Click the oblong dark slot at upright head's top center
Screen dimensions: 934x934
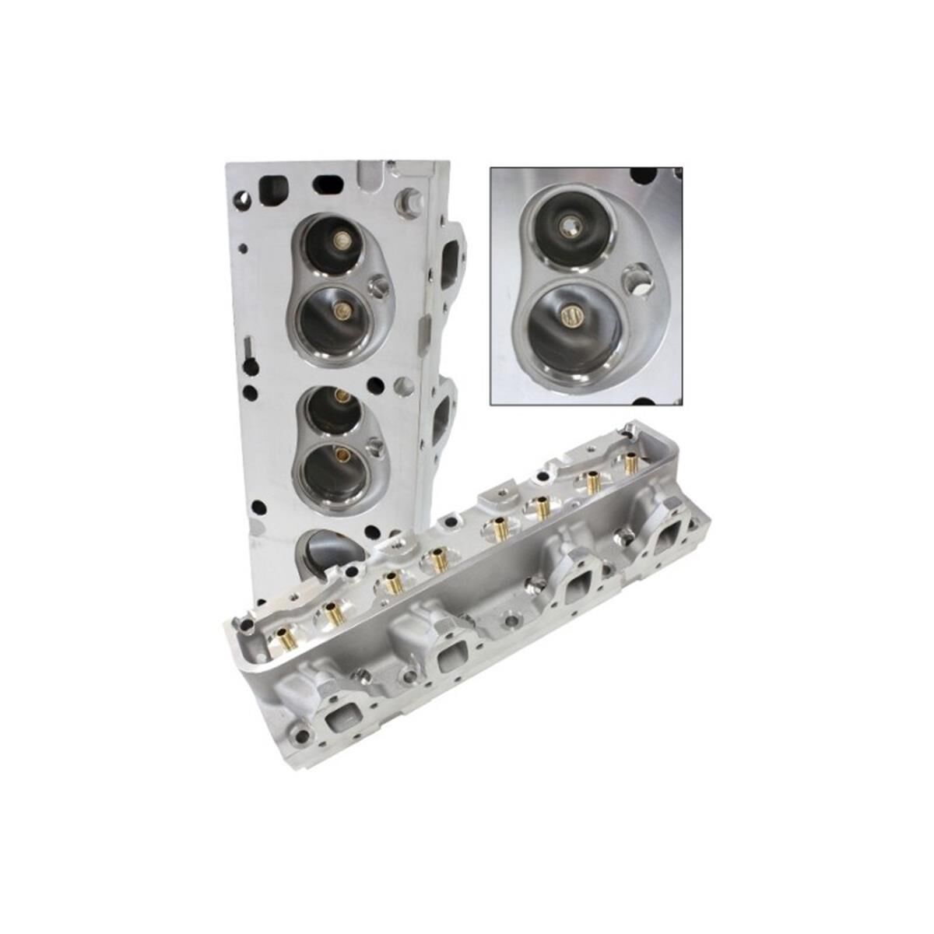click(324, 187)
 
